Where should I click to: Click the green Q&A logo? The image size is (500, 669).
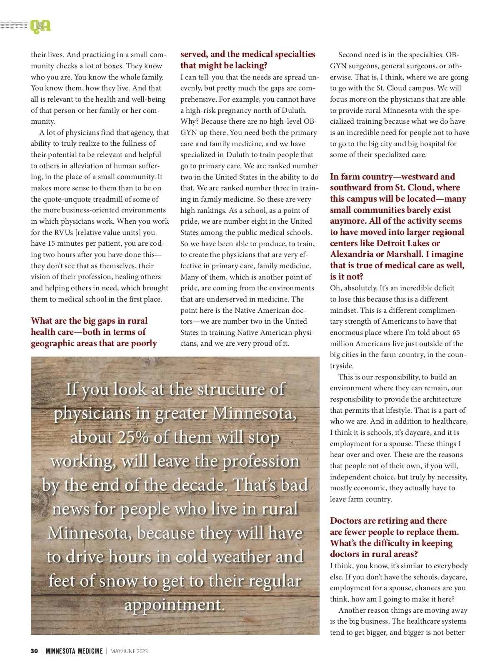(40, 27)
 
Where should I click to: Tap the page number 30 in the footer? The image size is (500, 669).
(34, 651)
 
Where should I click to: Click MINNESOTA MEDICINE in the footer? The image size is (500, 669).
(74, 651)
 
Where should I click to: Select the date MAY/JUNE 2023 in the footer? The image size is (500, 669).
(129, 651)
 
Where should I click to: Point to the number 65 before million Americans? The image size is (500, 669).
(456, 332)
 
